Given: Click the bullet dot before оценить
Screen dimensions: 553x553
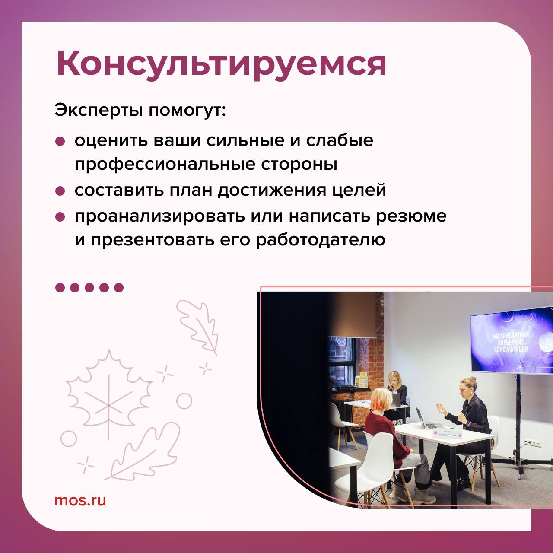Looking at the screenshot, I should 60,141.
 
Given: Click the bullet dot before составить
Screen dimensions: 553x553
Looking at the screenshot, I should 60,191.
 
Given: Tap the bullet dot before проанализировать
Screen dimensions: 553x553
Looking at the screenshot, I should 60,216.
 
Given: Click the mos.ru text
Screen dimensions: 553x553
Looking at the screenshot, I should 80,500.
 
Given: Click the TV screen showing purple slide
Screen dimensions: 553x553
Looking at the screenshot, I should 512,341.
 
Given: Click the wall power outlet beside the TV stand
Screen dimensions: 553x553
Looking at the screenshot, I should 530,443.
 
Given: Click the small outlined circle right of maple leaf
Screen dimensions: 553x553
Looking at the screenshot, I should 184,401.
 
